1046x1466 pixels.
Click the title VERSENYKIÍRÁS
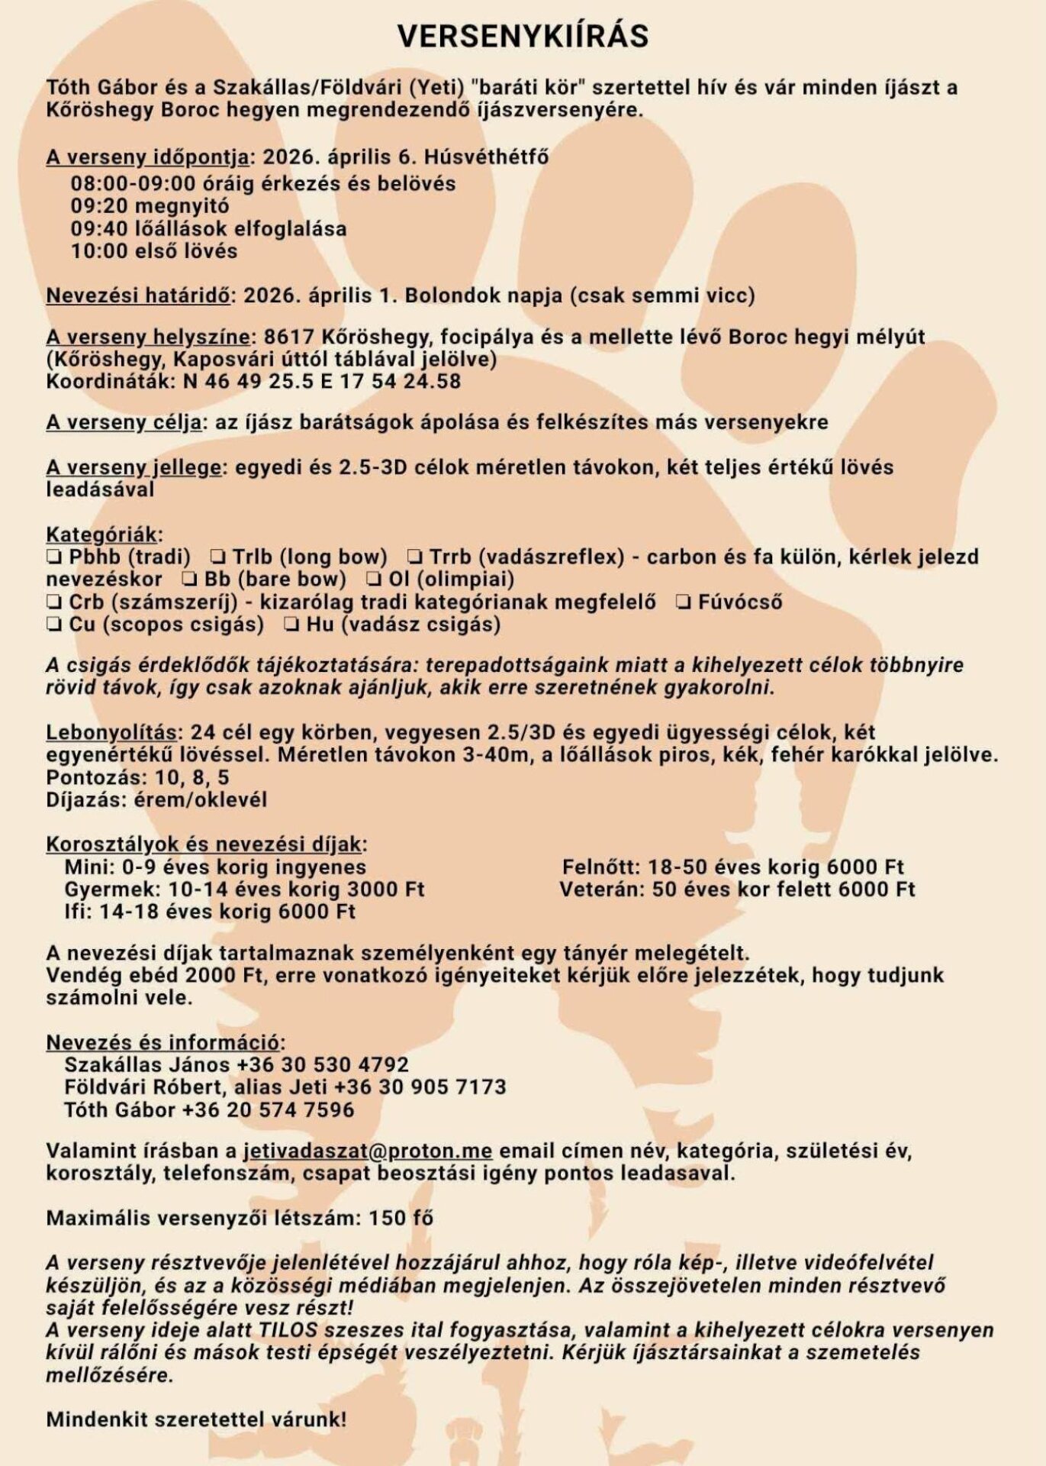tap(523, 36)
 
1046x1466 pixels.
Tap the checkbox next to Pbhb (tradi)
tap(54, 557)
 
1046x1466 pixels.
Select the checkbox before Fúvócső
tap(684, 602)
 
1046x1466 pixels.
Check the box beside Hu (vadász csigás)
tap(291, 625)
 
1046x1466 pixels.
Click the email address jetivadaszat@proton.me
tap(368, 1151)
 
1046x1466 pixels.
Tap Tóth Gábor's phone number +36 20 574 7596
tap(268, 1109)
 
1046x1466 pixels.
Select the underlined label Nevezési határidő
tap(138, 295)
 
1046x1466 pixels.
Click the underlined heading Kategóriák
tap(103, 534)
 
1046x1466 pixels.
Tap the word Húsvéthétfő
tap(487, 157)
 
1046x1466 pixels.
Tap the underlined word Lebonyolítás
tap(111, 732)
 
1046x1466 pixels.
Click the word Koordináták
tap(111, 381)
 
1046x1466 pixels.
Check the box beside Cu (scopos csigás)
tap(54, 625)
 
